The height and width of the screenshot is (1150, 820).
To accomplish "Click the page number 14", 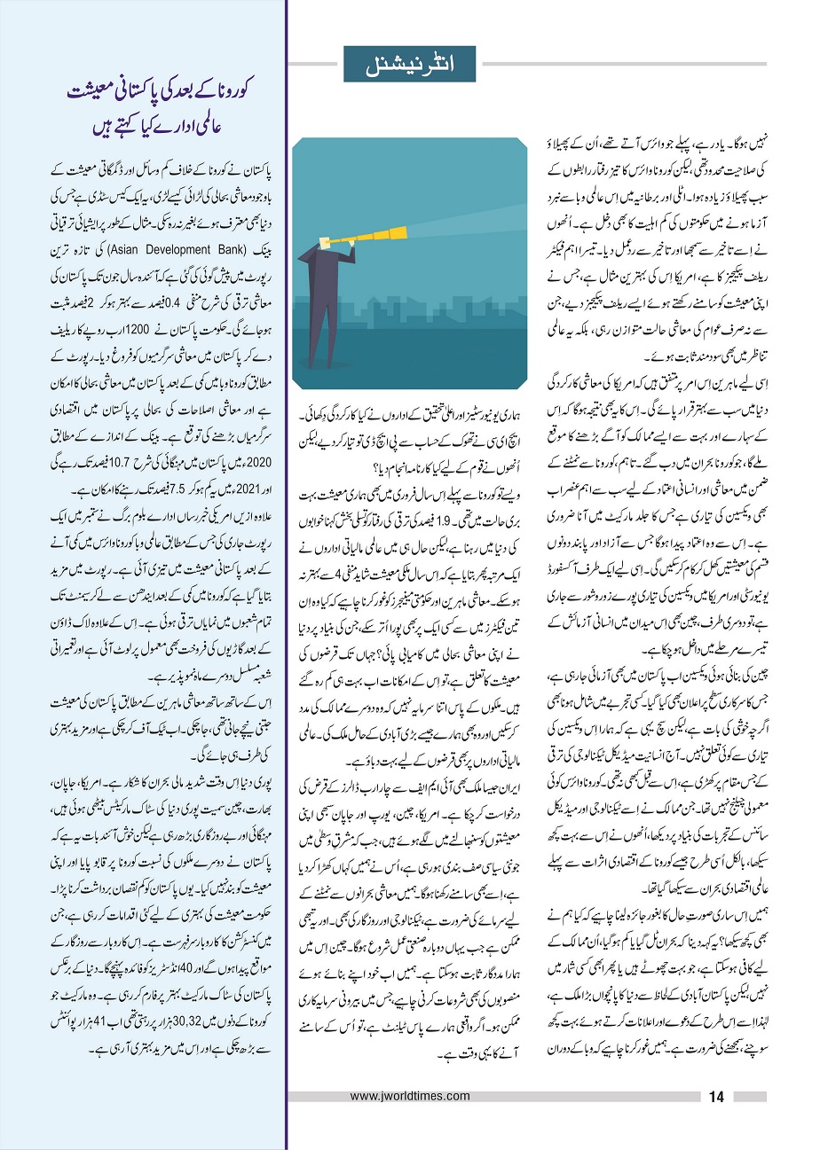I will click(717, 1097).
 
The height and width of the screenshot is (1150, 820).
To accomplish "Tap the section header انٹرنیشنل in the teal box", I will click(410, 64).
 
